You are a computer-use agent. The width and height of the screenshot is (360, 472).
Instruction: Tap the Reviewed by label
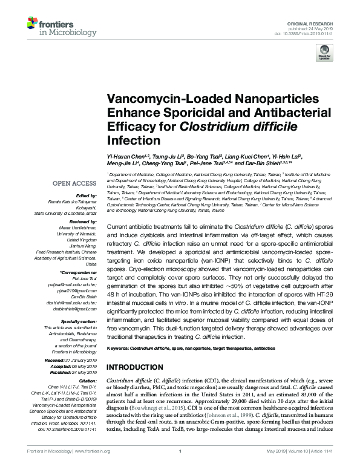pyautogui.click(x=83, y=221)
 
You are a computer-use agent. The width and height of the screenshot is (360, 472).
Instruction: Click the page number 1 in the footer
pyautogui.click(x=180, y=467)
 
